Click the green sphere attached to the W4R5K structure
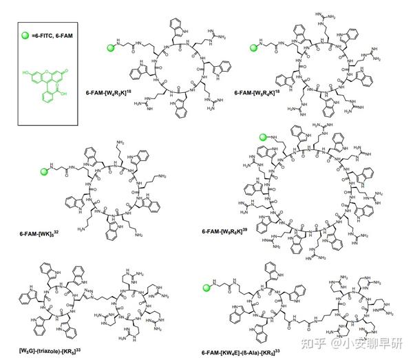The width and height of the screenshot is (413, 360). tap(110, 47)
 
